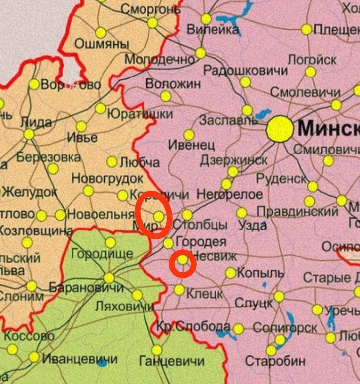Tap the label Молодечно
(x=159, y=60)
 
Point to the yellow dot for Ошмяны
(x=101, y=33)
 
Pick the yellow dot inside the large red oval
(x=158, y=216)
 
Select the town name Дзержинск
(x=233, y=160)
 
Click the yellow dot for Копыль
(x=231, y=273)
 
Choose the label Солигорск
(x=285, y=328)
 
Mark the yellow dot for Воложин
(x=166, y=96)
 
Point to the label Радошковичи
(x=245, y=70)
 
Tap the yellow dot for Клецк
(x=179, y=290)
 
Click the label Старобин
(x=276, y=361)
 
